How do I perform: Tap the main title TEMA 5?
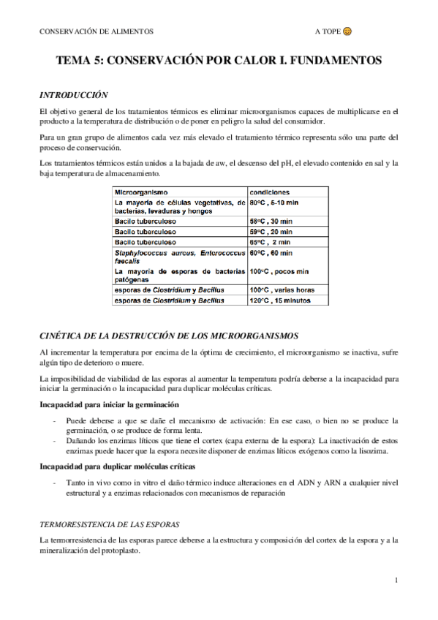(219, 63)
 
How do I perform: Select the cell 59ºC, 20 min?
(271, 230)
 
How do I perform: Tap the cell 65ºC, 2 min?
(270, 241)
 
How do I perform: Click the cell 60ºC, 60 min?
(271, 253)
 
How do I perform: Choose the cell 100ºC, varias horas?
(282, 290)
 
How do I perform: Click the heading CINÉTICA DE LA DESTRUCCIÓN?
(169, 336)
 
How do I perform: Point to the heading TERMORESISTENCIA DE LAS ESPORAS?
(110, 525)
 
